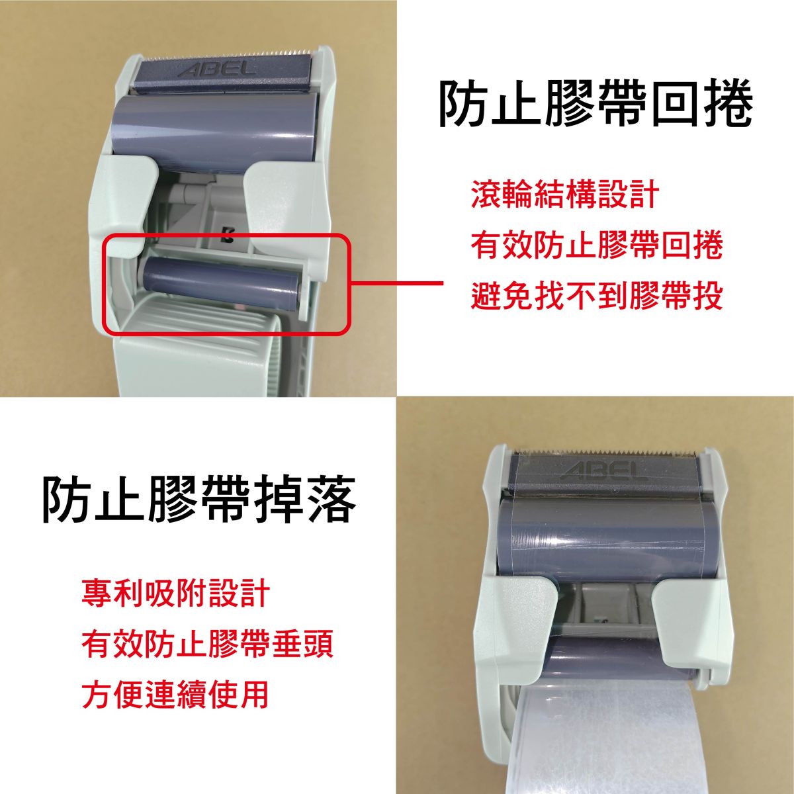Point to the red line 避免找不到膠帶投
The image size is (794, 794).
[597, 295]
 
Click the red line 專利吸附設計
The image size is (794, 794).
[176, 593]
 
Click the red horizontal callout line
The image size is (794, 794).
[397, 283]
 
